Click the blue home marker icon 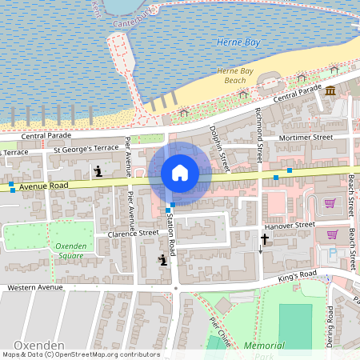(x=180, y=173)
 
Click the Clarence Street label (x=133, y=234)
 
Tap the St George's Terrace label (x=86, y=149)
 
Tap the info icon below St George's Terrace (x=98, y=170)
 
